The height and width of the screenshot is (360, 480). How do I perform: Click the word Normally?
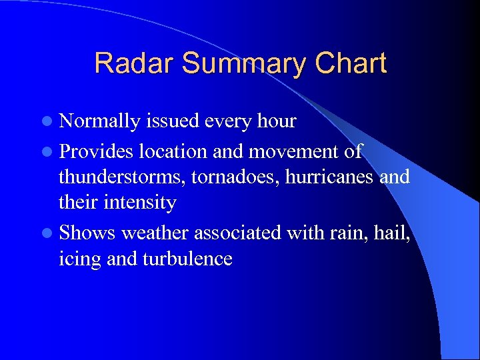click(x=99, y=121)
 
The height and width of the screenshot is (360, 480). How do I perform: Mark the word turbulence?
click(x=187, y=258)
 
